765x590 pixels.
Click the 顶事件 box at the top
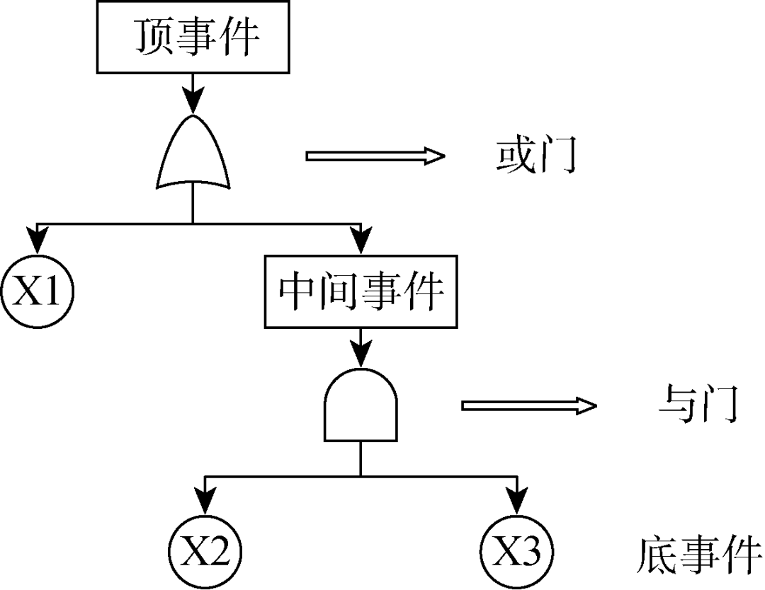193,37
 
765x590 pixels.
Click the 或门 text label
536,157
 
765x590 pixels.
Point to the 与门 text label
697,405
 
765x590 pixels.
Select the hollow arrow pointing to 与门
529,405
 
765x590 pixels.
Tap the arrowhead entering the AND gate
361,353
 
